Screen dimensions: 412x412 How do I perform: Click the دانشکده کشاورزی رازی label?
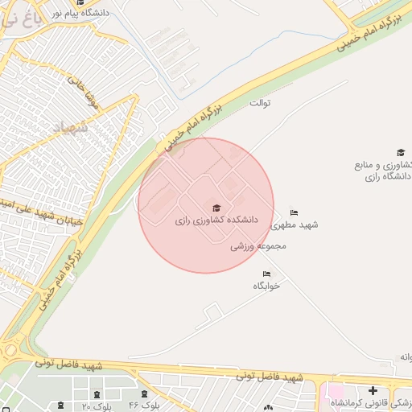pos(215,219)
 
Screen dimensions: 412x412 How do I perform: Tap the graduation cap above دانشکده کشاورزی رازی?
pos(215,206)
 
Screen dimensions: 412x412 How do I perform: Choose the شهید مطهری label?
pos(297,225)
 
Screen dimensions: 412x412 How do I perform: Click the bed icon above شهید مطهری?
pos(294,212)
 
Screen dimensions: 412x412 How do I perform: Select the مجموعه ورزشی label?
pos(259,246)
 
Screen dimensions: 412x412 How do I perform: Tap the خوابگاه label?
pos(267,286)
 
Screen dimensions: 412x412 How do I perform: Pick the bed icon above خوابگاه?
pos(267,274)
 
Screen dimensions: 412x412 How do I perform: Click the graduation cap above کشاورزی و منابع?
pos(400,152)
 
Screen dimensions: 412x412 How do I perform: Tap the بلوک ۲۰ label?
pos(97,406)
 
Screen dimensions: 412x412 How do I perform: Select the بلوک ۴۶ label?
pos(145,406)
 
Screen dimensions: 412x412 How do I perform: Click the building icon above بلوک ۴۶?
pos(145,394)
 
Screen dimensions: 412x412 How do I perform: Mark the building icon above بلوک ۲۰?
pos(97,395)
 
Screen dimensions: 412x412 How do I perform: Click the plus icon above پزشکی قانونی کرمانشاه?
pos(372,390)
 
